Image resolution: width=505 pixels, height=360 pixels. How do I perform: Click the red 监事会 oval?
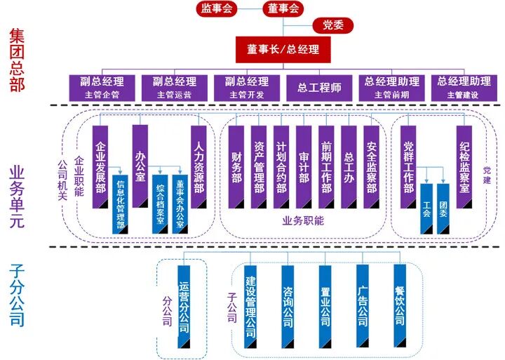(216, 9)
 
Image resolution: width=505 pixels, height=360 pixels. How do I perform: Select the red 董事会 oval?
(283, 9)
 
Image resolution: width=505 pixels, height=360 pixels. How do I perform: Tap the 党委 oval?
(333, 26)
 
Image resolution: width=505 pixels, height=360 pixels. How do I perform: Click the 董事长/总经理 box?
(283, 50)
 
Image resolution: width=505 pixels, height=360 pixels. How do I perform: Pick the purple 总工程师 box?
(319, 87)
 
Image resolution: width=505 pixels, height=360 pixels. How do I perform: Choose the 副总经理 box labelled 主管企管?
(102, 87)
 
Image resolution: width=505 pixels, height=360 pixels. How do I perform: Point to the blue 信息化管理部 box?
(121, 204)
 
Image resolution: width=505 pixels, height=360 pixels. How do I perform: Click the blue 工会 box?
(426, 209)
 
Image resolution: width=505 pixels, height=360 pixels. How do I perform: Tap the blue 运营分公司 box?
(184, 306)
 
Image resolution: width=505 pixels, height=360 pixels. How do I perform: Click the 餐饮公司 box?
(400, 306)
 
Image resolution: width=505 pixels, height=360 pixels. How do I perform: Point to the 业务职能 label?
(303, 220)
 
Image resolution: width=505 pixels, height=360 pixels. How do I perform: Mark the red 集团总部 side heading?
(16, 60)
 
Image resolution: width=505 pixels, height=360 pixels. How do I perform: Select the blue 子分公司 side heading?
(16, 295)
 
